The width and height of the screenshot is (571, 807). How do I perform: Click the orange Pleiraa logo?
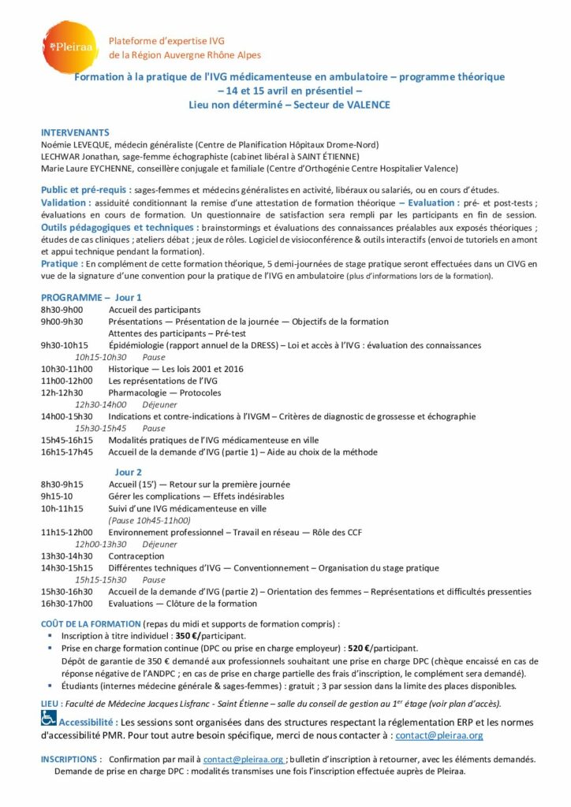(70, 48)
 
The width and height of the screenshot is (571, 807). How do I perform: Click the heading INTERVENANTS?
(75, 132)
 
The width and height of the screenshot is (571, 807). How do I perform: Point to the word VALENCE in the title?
(367, 104)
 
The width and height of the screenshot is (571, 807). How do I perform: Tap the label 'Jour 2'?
(129, 472)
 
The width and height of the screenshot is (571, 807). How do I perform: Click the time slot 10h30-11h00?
(66, 369)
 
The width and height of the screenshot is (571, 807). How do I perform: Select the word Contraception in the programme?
(136, 556)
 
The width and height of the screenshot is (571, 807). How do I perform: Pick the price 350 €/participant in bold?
(208, 635)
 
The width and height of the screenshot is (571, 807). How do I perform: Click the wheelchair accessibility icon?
(48, 718)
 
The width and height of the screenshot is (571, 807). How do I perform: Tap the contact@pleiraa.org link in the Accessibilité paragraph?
(439, 734)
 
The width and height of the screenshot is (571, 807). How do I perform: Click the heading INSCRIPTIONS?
(70, 759)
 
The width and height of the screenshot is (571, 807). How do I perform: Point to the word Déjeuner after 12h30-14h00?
(159, 404)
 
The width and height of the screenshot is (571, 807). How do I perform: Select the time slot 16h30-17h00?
(66, 604)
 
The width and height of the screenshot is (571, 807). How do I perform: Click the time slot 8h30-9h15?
(62, 484)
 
